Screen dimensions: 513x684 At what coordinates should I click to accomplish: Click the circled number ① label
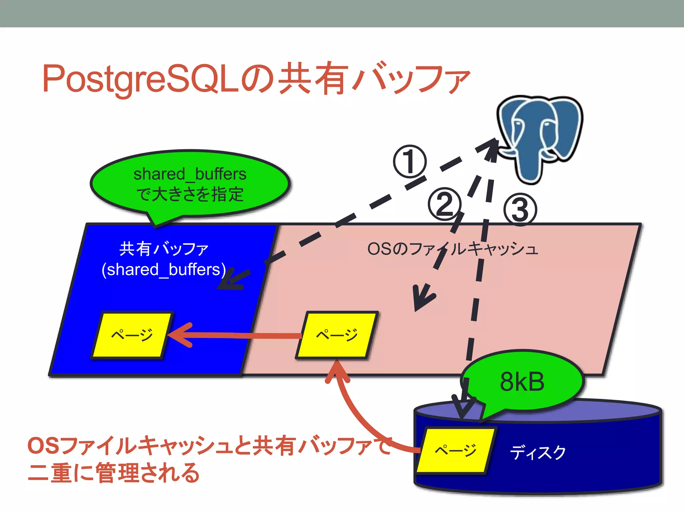coord(409,161)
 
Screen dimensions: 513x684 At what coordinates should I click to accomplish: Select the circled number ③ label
coord(520,209)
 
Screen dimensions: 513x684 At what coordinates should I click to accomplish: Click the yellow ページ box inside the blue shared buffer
coord(132,335)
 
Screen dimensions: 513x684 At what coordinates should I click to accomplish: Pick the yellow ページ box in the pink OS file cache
coord(337,335)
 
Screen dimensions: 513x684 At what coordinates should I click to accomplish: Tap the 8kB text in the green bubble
coord(522,382)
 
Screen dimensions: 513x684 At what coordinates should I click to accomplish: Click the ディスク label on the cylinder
coord(538,453)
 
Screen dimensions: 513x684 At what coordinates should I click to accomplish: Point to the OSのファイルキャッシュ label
coord(453,249)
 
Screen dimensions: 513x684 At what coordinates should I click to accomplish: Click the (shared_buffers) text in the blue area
coord(164,270)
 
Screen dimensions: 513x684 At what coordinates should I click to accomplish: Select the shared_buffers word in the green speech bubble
coord(190,174)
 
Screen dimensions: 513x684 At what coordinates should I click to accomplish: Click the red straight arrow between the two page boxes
coord(234,335)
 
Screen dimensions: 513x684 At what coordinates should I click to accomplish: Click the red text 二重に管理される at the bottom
coord(114,473)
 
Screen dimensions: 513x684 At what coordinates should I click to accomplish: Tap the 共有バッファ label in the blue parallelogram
coord(164,249)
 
